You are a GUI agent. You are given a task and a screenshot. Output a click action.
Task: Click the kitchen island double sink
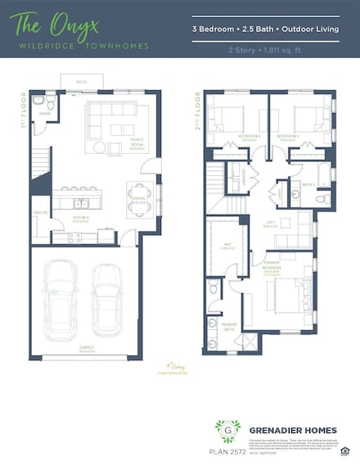pos(82,201)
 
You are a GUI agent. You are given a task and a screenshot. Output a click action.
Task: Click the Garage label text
pos(87,348)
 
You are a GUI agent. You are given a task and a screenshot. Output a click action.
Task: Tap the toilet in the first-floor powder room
pos(50,104)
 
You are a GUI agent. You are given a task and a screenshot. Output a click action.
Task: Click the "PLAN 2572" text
pos(225,450)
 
